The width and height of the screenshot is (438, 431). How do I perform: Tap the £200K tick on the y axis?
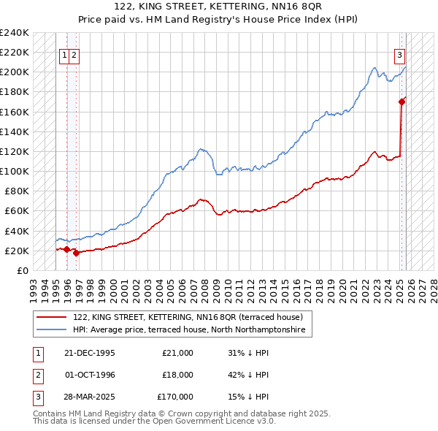point(15,72)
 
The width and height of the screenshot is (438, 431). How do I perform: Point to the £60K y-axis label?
point(17,211)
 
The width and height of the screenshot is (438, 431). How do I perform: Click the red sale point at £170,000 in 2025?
point(401,102)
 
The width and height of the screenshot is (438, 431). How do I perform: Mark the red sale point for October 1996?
point(77,253)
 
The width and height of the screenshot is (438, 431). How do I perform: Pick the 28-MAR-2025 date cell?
point(89,397)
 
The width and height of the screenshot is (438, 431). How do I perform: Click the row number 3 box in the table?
point(38,397)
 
